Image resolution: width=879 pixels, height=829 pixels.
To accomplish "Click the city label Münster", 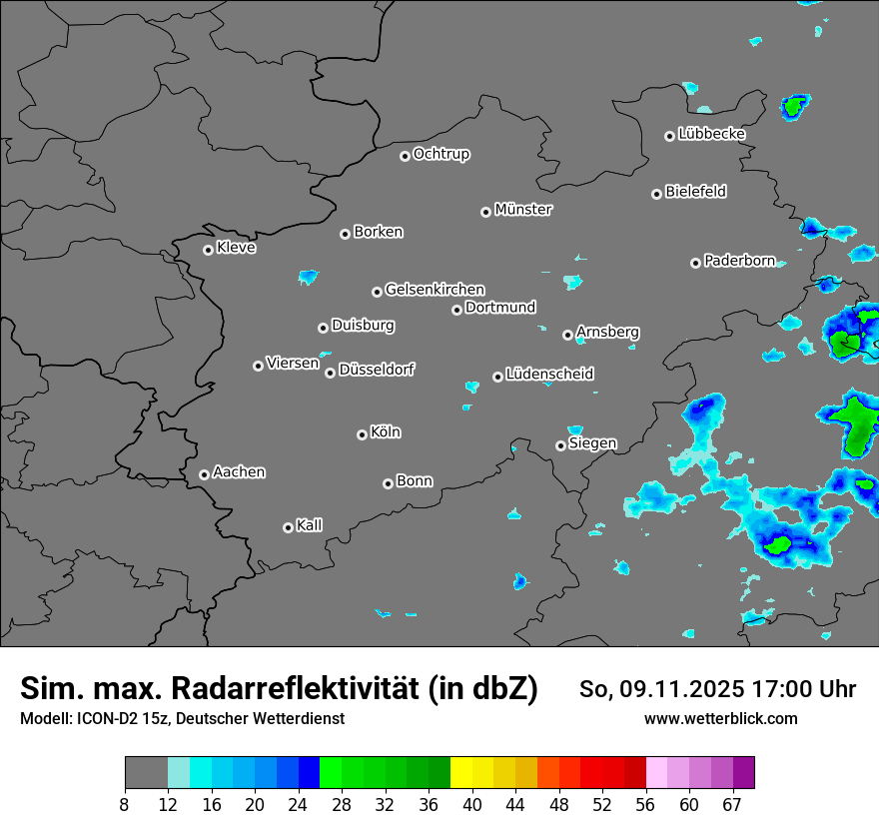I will coord(523,210).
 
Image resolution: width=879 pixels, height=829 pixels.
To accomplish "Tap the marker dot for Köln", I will coord(362,434).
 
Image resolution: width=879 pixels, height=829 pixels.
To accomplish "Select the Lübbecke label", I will coord(711,134).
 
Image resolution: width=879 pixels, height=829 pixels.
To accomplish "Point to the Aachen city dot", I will coord(204,474).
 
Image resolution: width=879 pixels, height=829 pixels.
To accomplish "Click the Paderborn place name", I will coord(739,261).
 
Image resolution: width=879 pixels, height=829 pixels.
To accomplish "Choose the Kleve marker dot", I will coord(208,250).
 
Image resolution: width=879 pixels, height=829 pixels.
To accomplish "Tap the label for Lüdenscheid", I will coord(549,375).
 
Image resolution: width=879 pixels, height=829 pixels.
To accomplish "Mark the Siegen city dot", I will coord(560,445).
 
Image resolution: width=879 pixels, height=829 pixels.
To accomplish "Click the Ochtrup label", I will coord(440,154).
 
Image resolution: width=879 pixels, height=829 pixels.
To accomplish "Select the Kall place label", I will coord(309,525).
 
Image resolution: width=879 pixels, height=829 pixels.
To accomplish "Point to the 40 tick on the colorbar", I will coord(471,805).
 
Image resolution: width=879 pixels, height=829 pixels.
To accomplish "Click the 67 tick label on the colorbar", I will coord(732,805).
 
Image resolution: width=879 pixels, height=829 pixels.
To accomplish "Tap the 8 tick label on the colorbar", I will coord(125,805).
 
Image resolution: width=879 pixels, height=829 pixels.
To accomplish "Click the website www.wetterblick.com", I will coord(721,718).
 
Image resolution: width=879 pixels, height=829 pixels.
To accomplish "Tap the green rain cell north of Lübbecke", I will coord(795,104).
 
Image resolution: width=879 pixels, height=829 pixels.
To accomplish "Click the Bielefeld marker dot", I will coord(656,194).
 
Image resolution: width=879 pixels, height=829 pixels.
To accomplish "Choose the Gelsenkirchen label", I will coord(435,290).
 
